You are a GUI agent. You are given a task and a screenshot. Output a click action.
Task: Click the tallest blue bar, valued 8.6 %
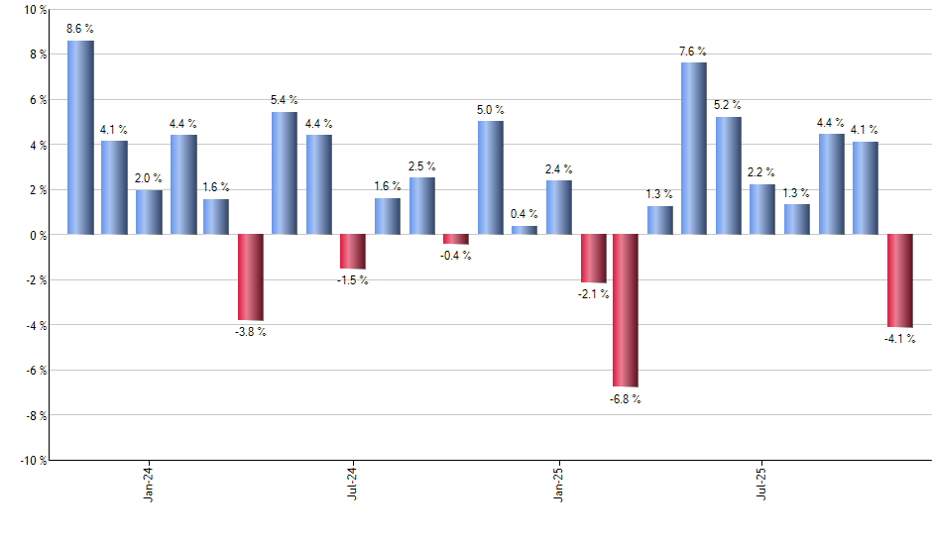[80, 138]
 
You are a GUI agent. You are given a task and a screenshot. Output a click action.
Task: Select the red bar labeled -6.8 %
[627, 310]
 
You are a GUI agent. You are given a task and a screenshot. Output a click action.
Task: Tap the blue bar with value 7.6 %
[694, 149]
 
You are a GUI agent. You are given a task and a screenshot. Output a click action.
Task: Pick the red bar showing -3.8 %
[251, 277]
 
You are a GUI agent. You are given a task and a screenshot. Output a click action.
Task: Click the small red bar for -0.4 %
[456, 239]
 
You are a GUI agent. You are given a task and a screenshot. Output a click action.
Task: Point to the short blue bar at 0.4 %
[524, 230]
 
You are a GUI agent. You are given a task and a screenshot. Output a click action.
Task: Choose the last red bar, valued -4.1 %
[899, 280]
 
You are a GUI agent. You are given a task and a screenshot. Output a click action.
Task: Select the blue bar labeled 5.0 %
[490, 177]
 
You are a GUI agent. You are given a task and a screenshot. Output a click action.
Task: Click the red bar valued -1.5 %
[353, 252]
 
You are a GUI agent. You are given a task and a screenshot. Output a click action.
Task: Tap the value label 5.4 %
[285, 100]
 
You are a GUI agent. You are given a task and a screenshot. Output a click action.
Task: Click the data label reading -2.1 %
[592, 294]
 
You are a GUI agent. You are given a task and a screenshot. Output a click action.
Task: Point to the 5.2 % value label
[729, 105]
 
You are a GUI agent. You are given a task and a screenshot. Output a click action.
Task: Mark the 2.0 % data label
[149, 177]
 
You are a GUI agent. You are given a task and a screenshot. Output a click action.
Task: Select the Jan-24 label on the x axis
[149, 486]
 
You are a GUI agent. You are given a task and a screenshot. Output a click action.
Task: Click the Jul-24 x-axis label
[353, 486]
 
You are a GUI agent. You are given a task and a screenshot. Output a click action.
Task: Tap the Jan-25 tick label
[558, 486]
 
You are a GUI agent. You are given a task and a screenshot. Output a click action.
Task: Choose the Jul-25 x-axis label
[762, 486]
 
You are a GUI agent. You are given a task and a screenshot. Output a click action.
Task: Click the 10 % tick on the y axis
[35, 10]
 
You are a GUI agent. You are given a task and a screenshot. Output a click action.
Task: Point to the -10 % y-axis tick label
[33, 460]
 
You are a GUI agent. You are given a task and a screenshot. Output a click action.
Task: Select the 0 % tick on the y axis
[38, 235]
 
